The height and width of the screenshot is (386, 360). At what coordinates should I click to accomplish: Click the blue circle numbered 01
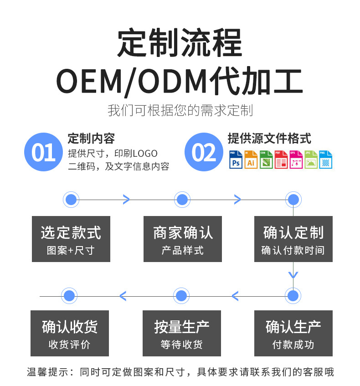(x=43, y=152)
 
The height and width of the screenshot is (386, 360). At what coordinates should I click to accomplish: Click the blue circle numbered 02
(x=203, y=152)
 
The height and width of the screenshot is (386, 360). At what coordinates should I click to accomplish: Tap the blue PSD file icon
(x=236, y=160)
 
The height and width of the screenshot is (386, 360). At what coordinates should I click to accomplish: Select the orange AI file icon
(x=251, y=160)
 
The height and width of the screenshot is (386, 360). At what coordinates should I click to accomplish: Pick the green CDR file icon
(x=266, y=160)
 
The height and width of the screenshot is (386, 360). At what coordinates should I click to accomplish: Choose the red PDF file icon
(x=281, y=160)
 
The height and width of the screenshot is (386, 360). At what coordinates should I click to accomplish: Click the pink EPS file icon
(x=296, y=160)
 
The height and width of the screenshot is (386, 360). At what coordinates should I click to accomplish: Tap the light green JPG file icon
(x=311, y=160)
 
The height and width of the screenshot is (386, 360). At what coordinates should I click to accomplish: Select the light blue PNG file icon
(x=325, y=160)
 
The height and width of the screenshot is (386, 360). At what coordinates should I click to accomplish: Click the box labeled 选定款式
(x=71, y=239)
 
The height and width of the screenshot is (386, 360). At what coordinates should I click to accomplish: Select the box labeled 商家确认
(x=182, y=239)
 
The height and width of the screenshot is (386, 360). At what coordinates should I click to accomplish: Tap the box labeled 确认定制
(x=293, y=239)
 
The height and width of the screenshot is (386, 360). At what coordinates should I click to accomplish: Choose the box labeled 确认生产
(x=293, y=333)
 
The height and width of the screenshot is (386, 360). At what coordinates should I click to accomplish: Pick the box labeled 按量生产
(x=181, y=333)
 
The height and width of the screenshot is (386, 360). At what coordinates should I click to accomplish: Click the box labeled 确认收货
(x=70, y=333)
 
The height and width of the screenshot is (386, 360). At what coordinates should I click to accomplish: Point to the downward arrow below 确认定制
(x=293, y=275)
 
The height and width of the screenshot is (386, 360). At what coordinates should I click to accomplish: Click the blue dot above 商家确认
(x=182, y=199)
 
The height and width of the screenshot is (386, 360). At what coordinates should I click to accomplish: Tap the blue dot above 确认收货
(x=69, y=296)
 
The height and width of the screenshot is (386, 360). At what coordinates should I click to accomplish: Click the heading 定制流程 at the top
(x=180, y=43)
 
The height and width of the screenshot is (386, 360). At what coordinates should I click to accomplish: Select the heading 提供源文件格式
(x=269, y=138)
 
